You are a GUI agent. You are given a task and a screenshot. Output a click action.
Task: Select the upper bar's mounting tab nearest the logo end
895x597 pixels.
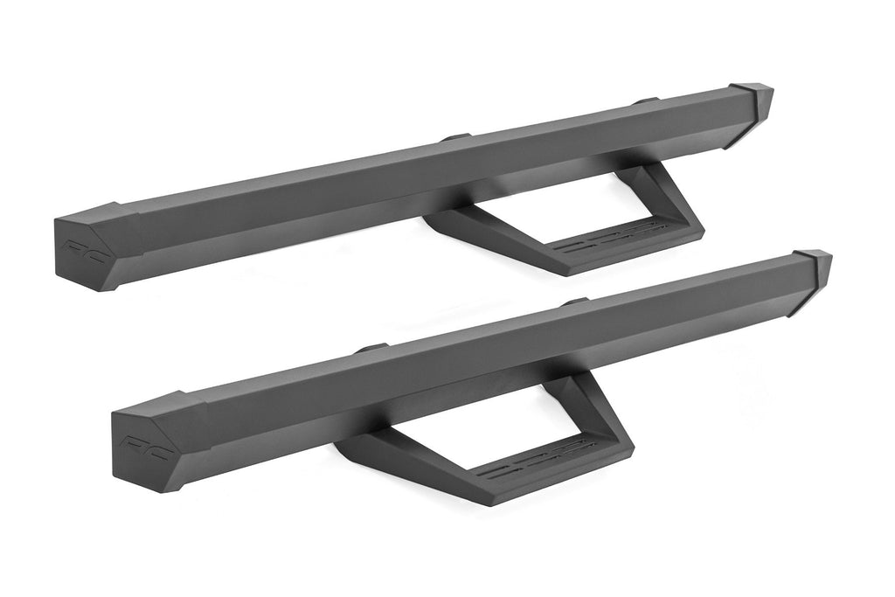[455, 137]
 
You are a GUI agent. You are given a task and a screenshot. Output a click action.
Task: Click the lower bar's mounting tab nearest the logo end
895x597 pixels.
[371, 348]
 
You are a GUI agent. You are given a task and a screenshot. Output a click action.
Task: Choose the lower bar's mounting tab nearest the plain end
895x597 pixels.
[574, 302]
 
